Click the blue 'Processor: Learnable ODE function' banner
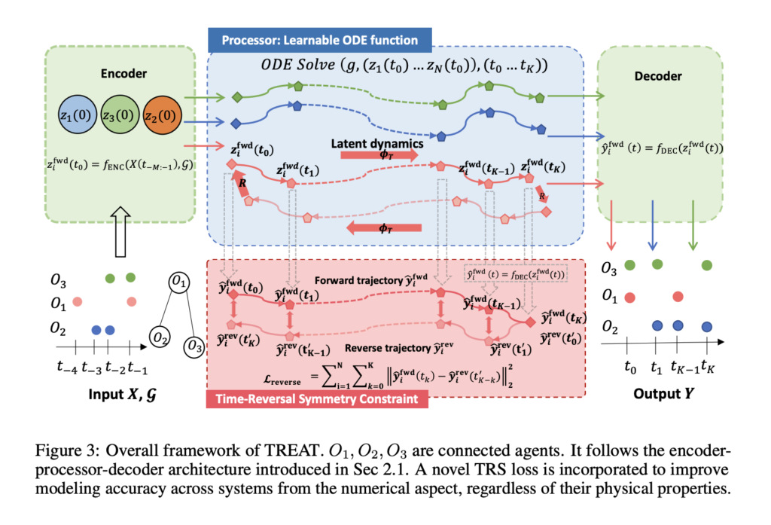(x=322, y=40)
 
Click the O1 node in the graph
(x=179, y=282)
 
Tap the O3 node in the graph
(x=194, y=346)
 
